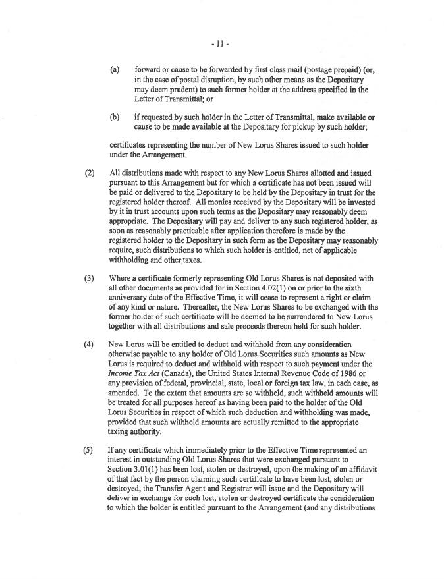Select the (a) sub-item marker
tap(115, 68)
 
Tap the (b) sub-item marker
tap(115, 117)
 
